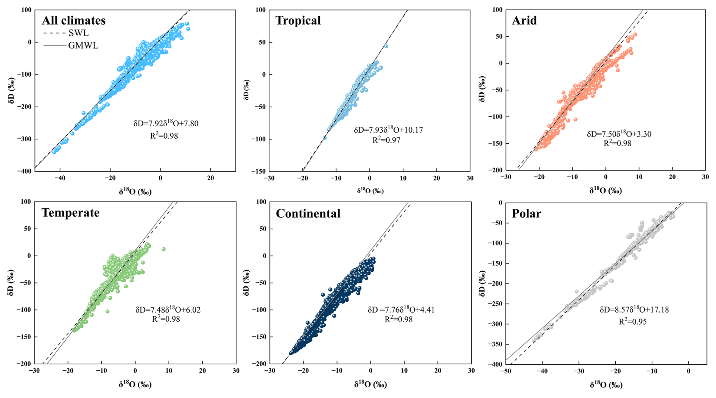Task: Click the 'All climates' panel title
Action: (73, 20)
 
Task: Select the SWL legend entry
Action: (78, 33)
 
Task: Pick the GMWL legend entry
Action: (83, 46)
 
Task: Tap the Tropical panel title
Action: (298, 20)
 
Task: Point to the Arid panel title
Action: (524, 20)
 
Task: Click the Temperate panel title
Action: (70, 213)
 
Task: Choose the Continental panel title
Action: (308, 214)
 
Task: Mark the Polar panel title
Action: (526, 214)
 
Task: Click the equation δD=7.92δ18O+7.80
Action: (166, 124)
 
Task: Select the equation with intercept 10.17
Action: (388, 130)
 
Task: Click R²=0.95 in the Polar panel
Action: (632, 322)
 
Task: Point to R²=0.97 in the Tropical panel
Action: (386, 140)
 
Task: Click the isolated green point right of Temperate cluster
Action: (163, 249)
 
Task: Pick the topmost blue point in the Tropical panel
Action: (386, 46)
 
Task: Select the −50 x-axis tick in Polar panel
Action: (506, 371)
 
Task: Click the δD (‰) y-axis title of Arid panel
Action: (481, 89)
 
